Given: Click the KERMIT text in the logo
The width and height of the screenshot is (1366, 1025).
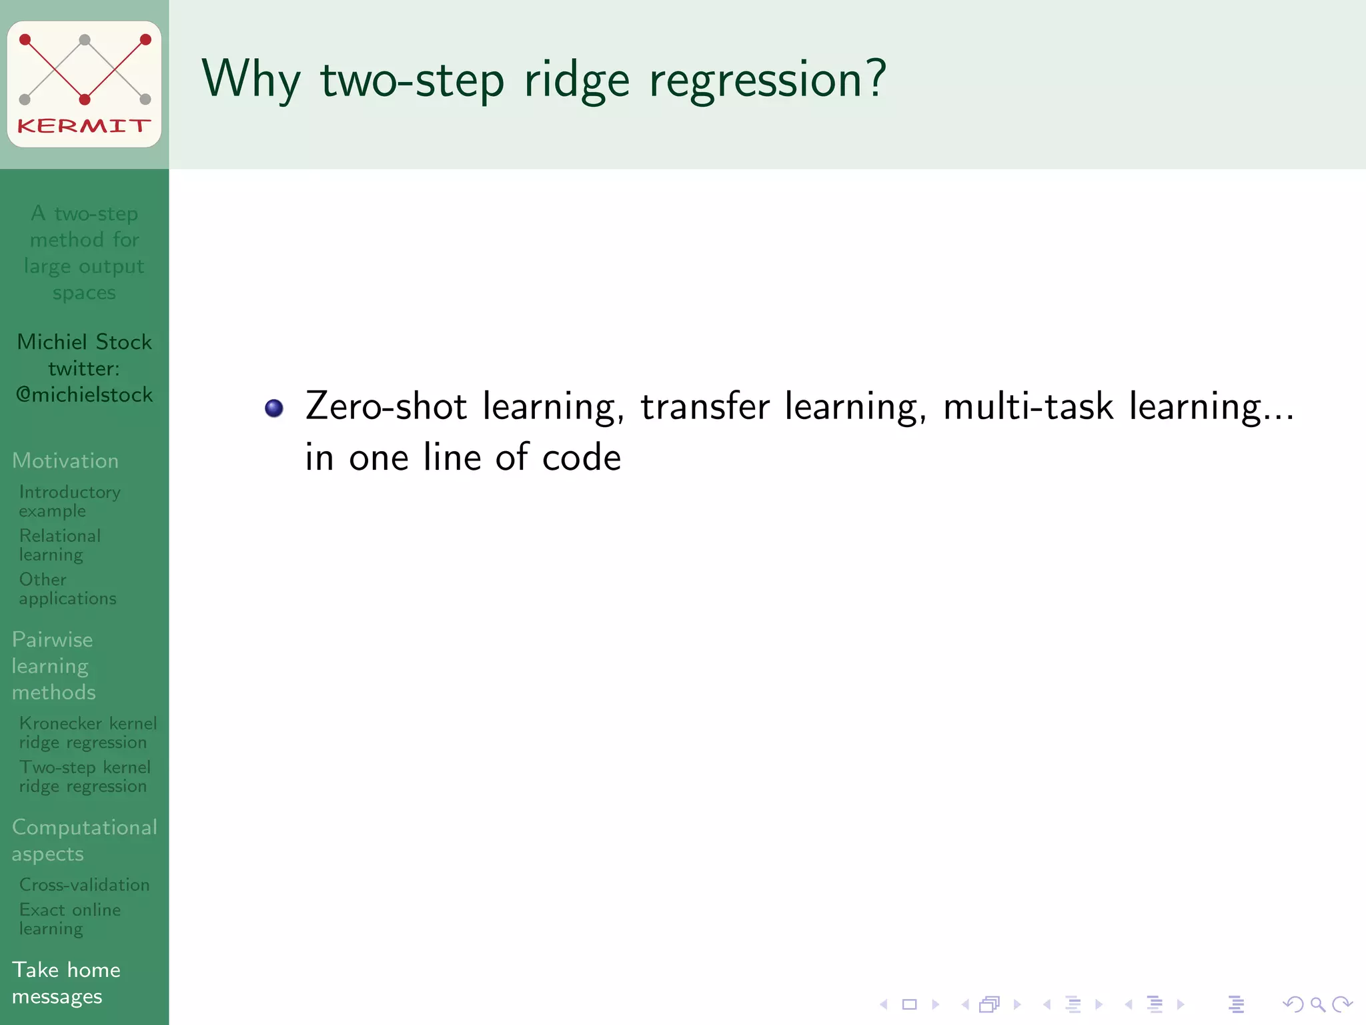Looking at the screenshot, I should [x=84, y=125].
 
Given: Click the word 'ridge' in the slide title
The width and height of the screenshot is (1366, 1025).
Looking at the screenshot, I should [x=577, y=80].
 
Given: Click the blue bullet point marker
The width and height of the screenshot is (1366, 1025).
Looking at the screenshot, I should [x=274, y=408].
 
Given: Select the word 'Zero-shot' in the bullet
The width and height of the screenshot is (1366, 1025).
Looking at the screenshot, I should [x=386, y=406].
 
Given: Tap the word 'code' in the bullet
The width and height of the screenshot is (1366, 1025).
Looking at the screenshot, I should [x=581, y=458].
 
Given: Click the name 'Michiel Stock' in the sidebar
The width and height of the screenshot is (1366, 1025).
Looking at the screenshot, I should [x=85, y=342].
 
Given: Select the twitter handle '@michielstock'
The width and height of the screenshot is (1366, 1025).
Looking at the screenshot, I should [x=85, y=394].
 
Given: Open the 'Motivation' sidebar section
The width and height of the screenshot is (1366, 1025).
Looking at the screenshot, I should [x=65, y=460].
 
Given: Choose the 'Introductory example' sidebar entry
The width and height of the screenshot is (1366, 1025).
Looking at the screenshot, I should [x=69, y=501].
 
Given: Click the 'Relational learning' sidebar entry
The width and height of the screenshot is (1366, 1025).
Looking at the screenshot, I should [x=59, y=545].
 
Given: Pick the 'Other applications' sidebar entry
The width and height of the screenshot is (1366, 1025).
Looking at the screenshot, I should [x=67, y=589].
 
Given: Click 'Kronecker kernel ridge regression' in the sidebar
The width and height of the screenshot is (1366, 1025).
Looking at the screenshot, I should [x=87, y=732].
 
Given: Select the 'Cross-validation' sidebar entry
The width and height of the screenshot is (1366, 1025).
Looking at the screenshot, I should [x=84, y=884].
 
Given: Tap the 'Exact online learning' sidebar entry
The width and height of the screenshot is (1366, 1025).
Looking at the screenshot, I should [x=69, y=918].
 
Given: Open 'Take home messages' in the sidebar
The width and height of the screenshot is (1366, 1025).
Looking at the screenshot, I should [x=66, y=982].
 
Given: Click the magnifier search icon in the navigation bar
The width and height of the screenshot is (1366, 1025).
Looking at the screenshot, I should [x=1317, y=1004].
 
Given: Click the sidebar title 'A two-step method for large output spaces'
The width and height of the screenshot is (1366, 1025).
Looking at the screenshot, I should [x=85, y=252].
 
